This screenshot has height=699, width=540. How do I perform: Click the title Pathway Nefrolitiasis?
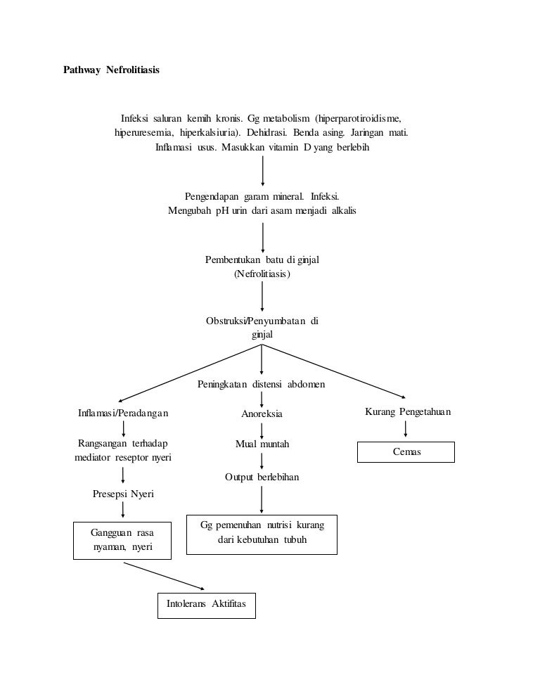click(x=111, y=71)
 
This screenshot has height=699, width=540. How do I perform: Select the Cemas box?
click(x=406, y=452)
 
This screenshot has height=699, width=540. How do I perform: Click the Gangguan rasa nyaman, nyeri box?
click(x=122, y=540)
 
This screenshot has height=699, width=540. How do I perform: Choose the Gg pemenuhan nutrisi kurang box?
click(x=262, y=534)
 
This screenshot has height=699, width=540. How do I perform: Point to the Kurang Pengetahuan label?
click(x=408, y=411)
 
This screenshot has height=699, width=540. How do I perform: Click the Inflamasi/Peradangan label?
click(x=123, y=413)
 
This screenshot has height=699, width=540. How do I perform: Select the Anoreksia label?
click(x=262, y=414)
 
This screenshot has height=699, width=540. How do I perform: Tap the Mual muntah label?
click(x=262, y=444)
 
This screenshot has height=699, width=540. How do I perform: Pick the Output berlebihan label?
click(x=262, y=477)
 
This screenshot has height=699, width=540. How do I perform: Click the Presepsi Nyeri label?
click(x=123, y=494)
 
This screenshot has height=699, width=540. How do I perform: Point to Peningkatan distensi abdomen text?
click(x=261, y=385)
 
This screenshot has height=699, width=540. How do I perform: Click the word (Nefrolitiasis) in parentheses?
click(x=262, y=274)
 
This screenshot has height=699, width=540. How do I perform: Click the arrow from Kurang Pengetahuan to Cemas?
click(x=406, y=429)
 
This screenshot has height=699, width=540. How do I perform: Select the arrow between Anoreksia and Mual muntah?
click(x=262, y=430)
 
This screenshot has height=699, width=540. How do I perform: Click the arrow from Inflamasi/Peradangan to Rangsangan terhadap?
click(x=123, y=429)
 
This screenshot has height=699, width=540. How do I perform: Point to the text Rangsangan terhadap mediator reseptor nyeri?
click(x=123, y=451)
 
